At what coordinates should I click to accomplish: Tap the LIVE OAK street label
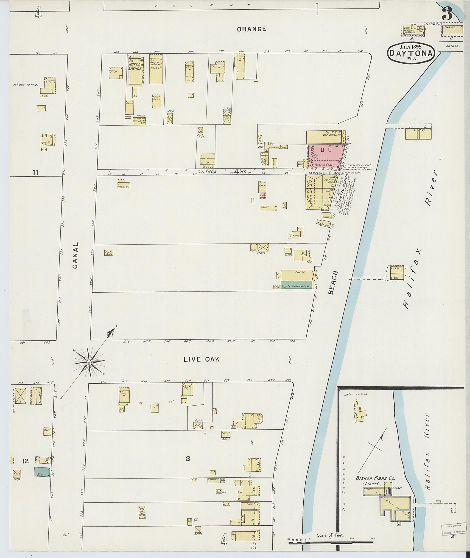[x=201, y=359]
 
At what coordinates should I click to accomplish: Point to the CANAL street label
[x=76, y=255]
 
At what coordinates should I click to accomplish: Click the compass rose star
[x=89, y=362]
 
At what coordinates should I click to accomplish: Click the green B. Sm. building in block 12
[x=42, y=472]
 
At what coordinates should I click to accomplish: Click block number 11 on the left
[x=35, y=173]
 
